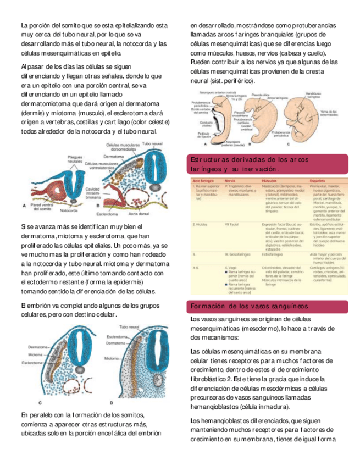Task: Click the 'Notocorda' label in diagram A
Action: [69, 210]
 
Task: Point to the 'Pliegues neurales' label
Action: [75, 159]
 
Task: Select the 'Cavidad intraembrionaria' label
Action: [93, 192]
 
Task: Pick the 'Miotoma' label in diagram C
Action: [36, 355]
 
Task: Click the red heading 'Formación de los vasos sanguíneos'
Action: [249, 306]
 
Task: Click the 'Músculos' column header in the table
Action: [270, 181]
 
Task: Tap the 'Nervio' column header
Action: [230, 181]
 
